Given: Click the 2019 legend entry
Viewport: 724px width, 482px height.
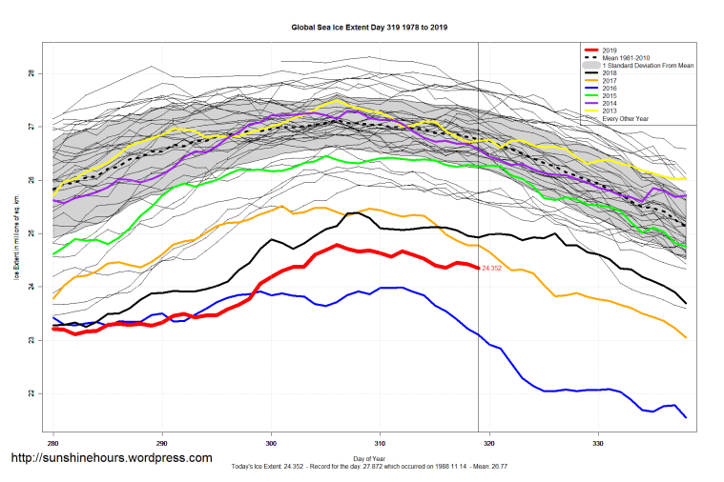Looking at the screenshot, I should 610,49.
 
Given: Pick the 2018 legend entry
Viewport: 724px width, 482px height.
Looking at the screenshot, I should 610,73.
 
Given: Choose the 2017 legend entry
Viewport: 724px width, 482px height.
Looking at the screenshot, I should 610,82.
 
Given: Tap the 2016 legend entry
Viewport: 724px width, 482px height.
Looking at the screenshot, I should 610,90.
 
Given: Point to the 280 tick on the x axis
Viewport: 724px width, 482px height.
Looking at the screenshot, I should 53,443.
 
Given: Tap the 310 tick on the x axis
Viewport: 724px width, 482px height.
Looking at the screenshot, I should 380,443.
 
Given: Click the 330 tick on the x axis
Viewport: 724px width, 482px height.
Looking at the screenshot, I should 598,443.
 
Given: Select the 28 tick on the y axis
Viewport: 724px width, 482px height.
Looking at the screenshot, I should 31,73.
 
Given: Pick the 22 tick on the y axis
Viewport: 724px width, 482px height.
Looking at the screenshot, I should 31,393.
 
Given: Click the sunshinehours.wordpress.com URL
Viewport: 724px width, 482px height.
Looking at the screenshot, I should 111,458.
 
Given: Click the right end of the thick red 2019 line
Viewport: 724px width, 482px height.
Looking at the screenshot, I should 478,268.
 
